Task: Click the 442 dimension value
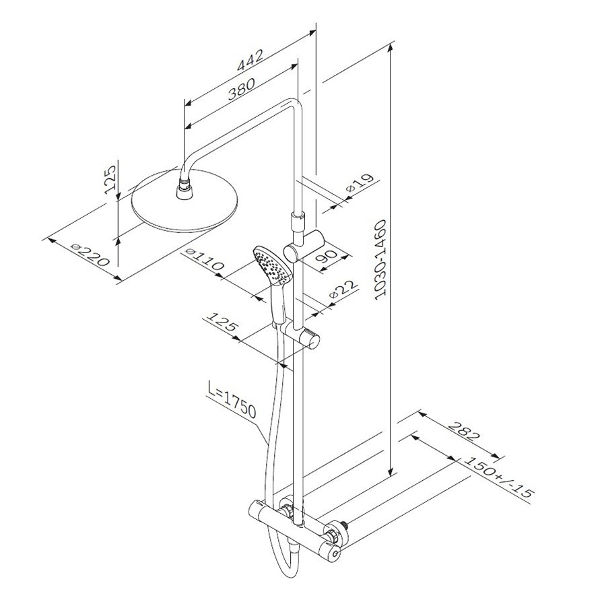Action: [250, 60]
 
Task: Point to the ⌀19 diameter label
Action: [361, 184]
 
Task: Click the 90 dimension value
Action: [328, 258]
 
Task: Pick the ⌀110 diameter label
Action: [205, 260]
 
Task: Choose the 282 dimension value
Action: [464, 430]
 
